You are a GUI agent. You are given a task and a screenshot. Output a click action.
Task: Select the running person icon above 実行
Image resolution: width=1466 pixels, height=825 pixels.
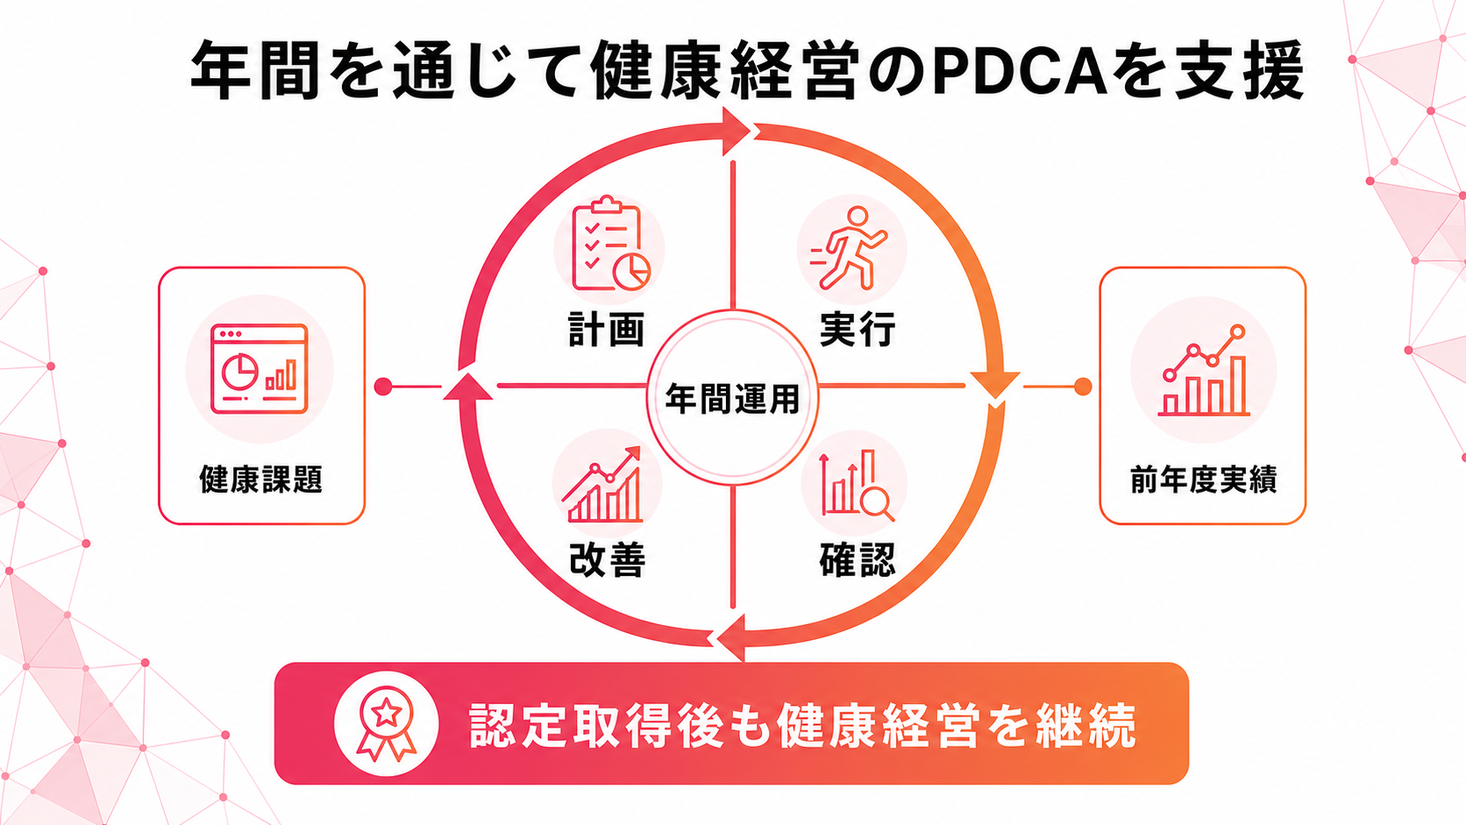point(849,248)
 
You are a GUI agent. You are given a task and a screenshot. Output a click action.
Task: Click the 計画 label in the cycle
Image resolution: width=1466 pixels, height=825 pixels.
point(606,329)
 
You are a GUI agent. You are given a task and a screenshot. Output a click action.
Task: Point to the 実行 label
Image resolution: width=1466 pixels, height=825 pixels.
point(858,329)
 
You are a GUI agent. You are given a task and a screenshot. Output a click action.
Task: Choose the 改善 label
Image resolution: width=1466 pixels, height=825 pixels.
point(608,560)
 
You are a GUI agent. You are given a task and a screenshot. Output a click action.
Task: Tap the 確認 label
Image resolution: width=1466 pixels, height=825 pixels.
point(857,560)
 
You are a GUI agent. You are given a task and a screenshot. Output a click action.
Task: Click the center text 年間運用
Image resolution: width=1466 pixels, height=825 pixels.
point(732,398)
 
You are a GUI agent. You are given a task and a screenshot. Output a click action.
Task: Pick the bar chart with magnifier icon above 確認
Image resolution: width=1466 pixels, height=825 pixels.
point(857,485)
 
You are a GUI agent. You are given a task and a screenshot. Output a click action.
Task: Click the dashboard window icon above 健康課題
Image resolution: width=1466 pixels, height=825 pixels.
point(260,369)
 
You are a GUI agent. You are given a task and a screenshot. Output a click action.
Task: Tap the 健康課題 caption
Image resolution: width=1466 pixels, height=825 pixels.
point(261,480)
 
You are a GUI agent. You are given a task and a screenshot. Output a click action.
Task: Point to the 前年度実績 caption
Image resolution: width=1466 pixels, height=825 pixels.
point(1203,480)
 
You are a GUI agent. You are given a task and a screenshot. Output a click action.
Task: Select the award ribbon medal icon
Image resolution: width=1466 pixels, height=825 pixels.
point(386,723)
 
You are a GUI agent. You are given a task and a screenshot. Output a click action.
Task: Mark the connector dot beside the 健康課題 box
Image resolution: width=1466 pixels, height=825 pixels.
point(383,387)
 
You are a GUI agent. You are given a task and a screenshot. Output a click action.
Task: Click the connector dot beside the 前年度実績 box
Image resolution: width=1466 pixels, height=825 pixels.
point(1083,387)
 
